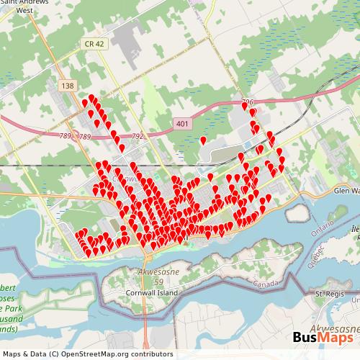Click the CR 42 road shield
(x=96, y=43)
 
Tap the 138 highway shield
(x=68, y=86)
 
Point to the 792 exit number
(x=139, y=135)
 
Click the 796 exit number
(x=248, y=102)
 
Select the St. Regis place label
(x=332, y=294)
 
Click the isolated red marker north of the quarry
(x=203, y=139)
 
